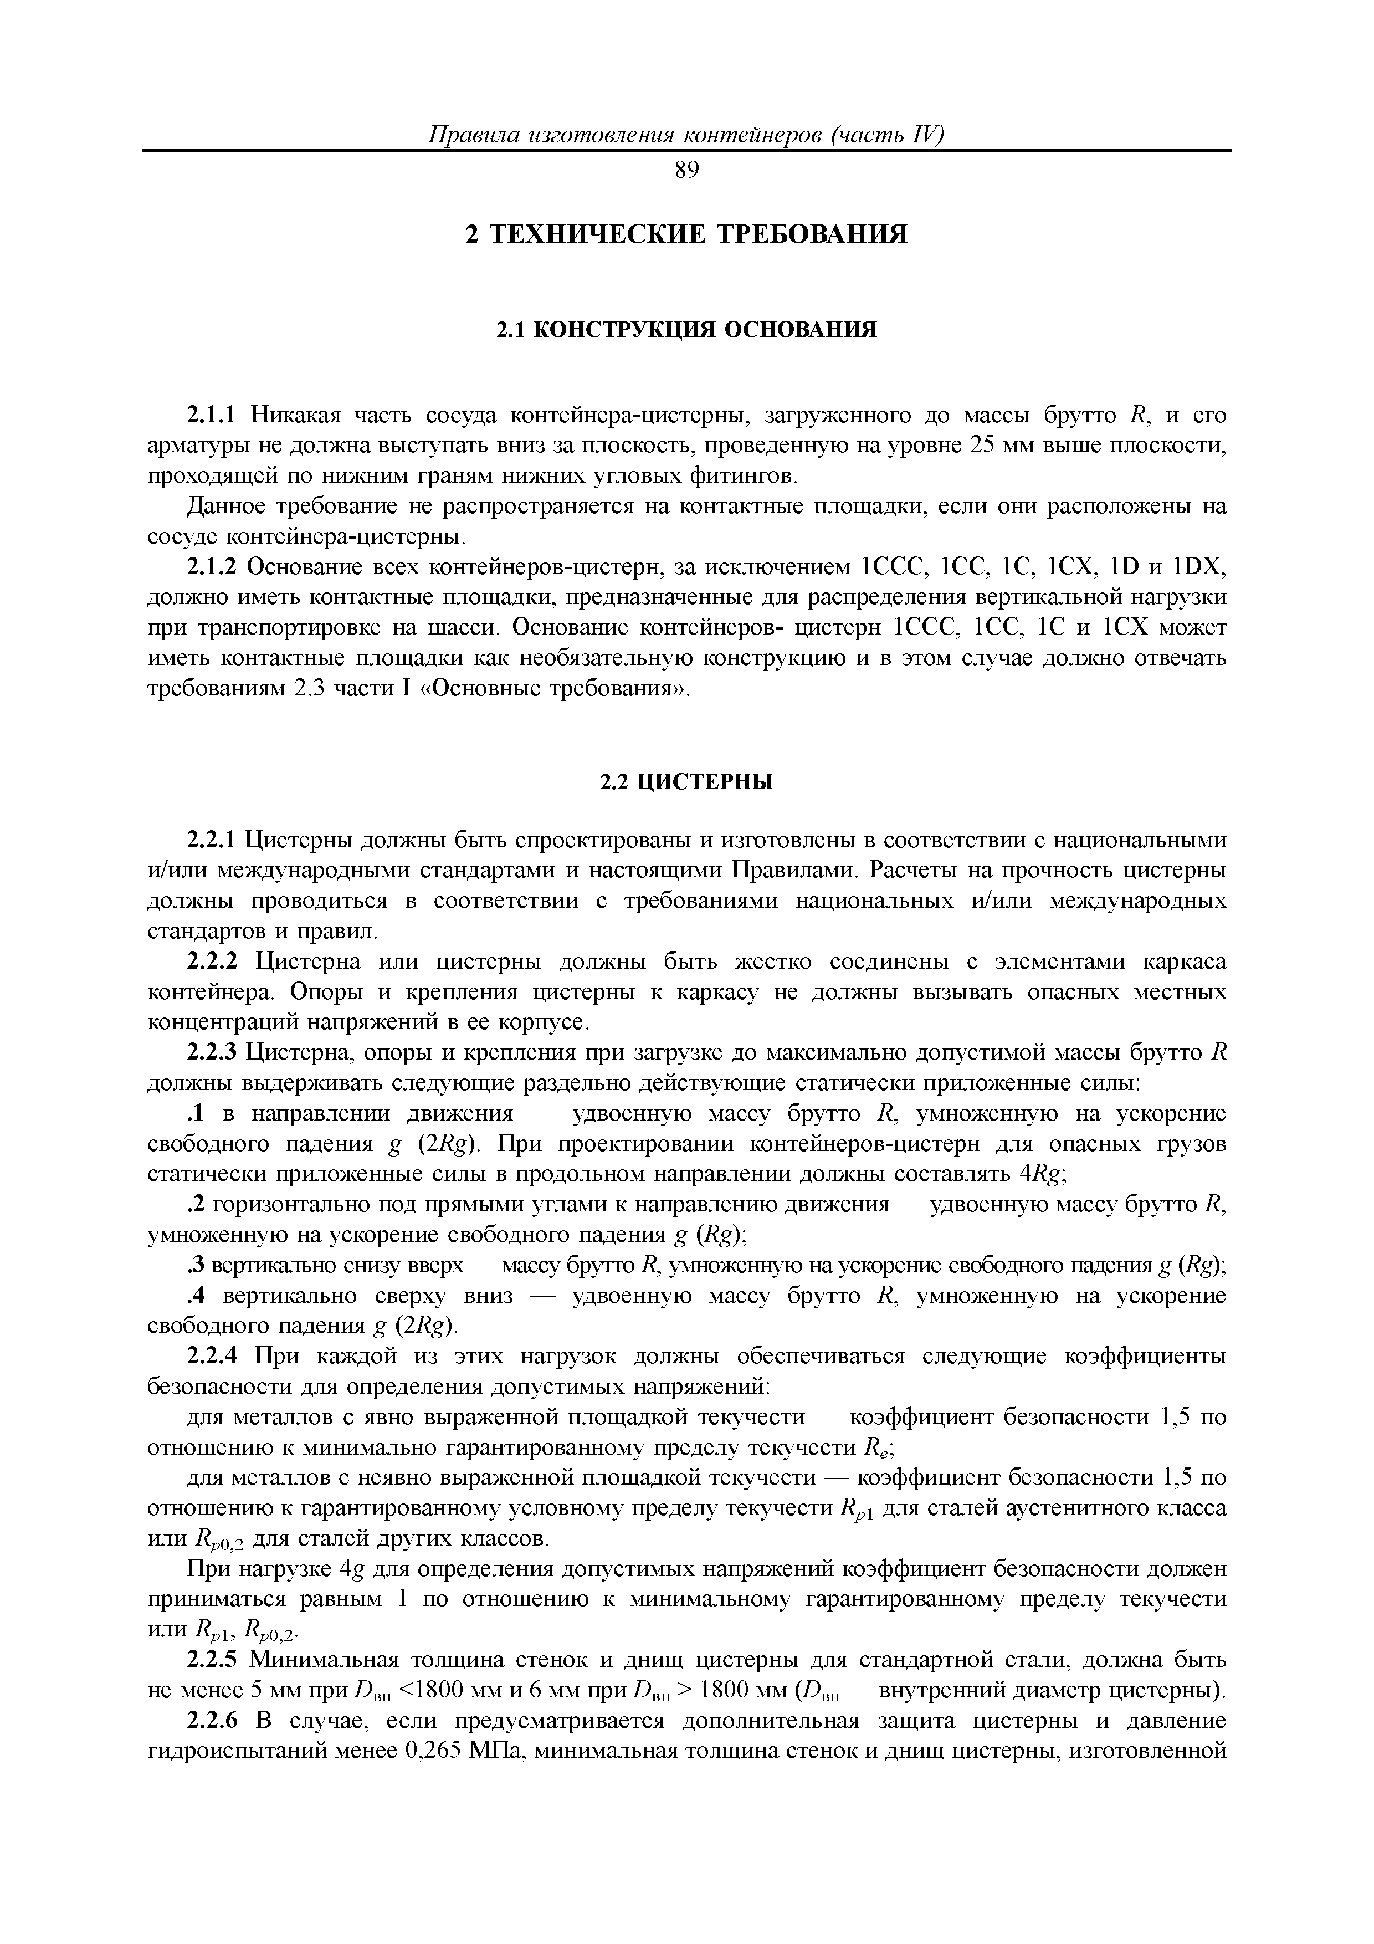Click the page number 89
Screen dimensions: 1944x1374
686,171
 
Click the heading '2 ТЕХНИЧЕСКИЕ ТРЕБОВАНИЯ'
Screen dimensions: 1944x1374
686,234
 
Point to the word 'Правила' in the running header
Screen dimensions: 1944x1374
471,135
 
